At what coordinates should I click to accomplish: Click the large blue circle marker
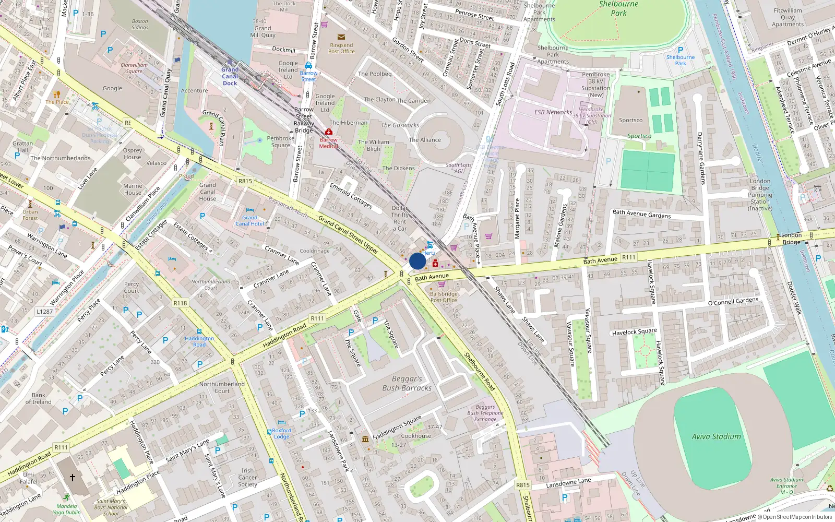417,261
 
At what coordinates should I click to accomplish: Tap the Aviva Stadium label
716,436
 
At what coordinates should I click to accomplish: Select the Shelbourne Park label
618,8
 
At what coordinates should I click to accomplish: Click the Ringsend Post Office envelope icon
341,37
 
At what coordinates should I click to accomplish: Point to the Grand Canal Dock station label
230,76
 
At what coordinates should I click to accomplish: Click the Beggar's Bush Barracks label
407,383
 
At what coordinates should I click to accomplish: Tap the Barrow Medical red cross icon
329,132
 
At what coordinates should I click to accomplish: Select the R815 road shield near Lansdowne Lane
523,485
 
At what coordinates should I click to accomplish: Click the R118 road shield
180,303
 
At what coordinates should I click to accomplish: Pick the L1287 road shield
44,312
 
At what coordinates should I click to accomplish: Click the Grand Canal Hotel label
249,221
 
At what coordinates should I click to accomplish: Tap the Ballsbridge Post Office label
444,297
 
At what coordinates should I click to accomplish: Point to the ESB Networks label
553,112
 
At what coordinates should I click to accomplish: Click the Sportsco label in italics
639,136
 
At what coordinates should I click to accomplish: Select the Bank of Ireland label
38,398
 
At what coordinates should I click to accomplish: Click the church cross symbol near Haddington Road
73,477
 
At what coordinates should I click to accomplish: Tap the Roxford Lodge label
282,434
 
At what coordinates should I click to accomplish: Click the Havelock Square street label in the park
634,332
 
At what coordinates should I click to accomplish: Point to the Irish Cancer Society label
247,477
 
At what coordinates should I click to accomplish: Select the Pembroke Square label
281,141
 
